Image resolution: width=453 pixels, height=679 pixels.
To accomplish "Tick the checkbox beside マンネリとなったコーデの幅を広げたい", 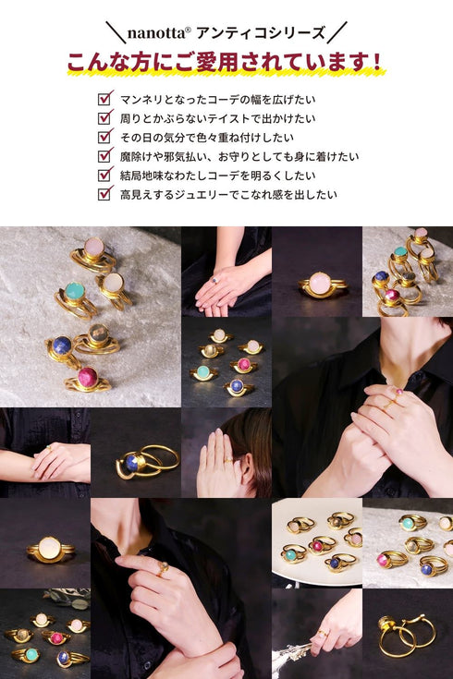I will pos(104,98).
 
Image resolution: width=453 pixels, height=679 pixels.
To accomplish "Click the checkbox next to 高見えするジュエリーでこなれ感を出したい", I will pos(104,194).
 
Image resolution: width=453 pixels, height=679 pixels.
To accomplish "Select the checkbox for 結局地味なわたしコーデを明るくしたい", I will pos(104,175).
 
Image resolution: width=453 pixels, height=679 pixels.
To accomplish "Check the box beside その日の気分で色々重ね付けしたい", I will pos(104,137).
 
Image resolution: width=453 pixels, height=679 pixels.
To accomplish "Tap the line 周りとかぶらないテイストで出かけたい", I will pos(217,118).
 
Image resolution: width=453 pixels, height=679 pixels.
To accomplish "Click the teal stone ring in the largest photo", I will pos(75,293).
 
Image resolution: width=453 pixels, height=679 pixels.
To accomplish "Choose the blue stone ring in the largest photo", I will pos(63,346).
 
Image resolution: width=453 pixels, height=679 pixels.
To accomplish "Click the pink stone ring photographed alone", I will pos(320,283).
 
